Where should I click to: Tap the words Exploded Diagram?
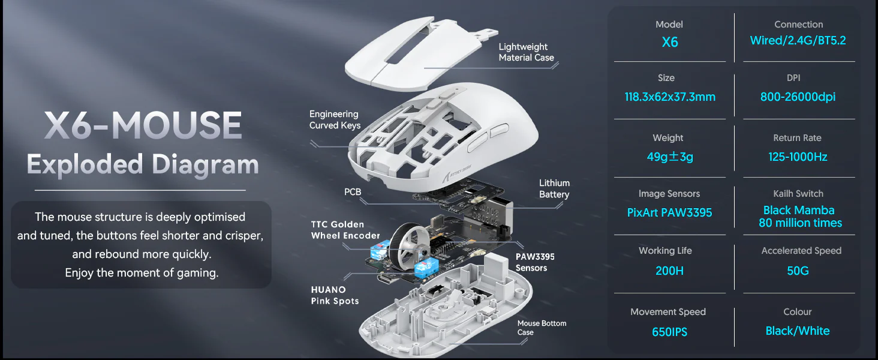click(143, 164)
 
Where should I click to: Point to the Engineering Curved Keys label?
click(335, 119)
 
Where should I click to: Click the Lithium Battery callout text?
click(554, 188)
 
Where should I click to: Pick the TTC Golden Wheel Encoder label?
click(345, 230)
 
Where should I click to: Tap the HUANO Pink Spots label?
click(335, 295)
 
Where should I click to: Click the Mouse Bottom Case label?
click(542, 328)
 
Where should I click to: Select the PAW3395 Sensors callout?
click(535, 262)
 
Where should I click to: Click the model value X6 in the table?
click(669, 43)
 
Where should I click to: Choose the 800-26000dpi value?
click(798, 97)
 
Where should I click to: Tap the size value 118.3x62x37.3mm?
click(669, 97)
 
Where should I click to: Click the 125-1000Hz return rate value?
click(798, 157)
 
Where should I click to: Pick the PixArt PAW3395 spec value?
click(669, 213)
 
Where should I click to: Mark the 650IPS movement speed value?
click(669, 331)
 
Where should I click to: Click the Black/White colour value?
click(798, 331)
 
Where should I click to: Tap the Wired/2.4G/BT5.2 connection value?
click(798, 41)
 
